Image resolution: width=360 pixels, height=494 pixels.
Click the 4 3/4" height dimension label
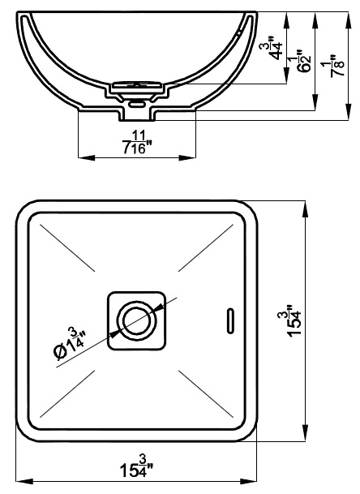(x=271, y=48)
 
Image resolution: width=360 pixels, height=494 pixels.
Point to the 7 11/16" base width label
(x=137, y=143)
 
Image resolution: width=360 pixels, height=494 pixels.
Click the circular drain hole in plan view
(x=137, y=320)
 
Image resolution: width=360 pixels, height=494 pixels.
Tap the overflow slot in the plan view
(x=231, y=320)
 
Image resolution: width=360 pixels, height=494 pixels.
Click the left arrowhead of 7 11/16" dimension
(x=86, y=157)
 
